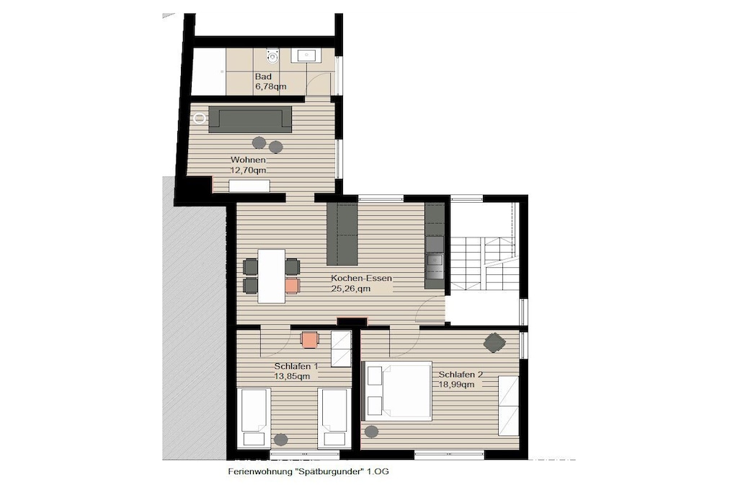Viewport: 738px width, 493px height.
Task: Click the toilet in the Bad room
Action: pyautogui.click(x=272, y=56)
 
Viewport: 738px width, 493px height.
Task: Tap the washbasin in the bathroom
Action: pyautogui.click(x=306, y=56)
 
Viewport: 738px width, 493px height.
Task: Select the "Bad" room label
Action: pyautogui.click(x=263, y=77)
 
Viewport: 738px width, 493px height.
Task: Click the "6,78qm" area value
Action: pyautogui.click(x=271, y=87)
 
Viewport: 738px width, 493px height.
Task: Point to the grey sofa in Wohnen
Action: pyautogui.click(x=250, y=119)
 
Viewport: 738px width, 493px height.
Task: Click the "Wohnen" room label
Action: pyautogui.click(x=248, y=160)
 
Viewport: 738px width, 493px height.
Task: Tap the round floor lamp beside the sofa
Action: pyautogui.click(x=200, y=118)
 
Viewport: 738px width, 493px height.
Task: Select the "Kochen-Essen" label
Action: pyautogui.click(x=361, y=278)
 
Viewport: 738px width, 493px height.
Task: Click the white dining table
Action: pyautogui.click(x=272, y=276)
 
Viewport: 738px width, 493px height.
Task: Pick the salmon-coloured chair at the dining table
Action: pyautogui.click(x=293, y=286)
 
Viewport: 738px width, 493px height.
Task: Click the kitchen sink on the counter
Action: pyautogui.click(x=434, y=260)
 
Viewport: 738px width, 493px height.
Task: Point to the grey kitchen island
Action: pyautogui.click(x=342, y=234)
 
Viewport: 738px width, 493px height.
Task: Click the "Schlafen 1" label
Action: pyautogui.click(x=296, y=366)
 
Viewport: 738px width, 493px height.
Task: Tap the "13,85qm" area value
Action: pyautogui.click(x=292, y=376)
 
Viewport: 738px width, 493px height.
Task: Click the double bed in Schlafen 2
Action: pyautogui.click(x=396, y=391)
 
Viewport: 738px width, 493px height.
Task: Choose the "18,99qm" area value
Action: pyautogui.click(x=456, y=385)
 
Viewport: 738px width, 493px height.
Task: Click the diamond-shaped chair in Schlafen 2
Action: pyautogui.click(x=494, y=342)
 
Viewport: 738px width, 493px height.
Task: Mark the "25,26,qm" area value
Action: pyautogui.click(x=351, y=289)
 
